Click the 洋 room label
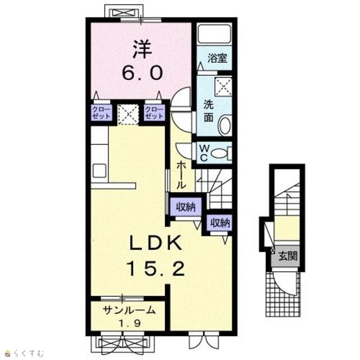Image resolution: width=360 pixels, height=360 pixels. coord(142,49)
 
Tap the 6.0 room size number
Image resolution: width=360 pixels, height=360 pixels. coord(142,73)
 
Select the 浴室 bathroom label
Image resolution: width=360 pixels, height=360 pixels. coord(218,58)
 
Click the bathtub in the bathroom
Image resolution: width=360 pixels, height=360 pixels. coord(214,34)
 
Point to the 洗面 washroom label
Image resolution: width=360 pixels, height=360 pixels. coord(209,111)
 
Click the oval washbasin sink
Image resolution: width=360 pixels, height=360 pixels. coord(225,126)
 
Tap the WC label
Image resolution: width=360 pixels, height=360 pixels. coord(204,152)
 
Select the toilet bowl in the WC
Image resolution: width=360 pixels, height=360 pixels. coord(219,153)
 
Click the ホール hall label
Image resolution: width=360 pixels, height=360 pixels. coord(181,175)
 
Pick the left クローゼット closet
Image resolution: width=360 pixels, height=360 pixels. coord(101,112)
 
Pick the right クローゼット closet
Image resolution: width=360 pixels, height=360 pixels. coord(154,112)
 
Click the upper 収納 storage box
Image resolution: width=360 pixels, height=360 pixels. coord(186,207)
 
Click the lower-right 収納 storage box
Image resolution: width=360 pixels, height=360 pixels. coord(220,223)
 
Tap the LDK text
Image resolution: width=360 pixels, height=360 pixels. coord(156,243)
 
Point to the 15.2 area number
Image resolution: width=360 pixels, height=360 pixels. coord(156,269)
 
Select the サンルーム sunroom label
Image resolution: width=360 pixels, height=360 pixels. coord(129,310)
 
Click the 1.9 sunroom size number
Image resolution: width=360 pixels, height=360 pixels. coord(129,323)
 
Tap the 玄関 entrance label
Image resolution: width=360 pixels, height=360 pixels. coord(287,256)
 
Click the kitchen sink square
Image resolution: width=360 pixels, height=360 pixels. coord(100,171)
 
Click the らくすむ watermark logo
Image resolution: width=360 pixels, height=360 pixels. coord(24,353)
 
